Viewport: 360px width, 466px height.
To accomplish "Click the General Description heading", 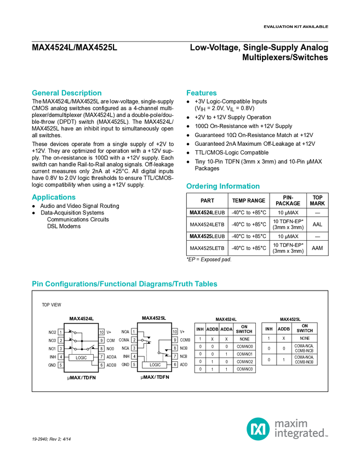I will click(x=67, y=93).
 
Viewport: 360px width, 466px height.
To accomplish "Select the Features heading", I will click(x=202, y=93).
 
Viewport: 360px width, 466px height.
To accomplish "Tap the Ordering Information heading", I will click(x=222, y=186).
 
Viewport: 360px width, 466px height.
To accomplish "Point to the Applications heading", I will click(x=54, y=197).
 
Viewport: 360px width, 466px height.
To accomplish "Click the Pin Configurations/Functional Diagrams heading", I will click(x=125, y=284).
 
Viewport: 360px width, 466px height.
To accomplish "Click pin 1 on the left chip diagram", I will click(x=61, y=332).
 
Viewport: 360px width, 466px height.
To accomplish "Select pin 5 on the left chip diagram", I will click(x=61, y=365).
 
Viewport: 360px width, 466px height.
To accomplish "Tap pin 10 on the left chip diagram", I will click(x=101, y=332).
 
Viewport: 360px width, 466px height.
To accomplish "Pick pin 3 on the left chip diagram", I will click(x=61, y=348).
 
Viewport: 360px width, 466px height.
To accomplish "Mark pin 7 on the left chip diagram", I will click(x=101, y=357).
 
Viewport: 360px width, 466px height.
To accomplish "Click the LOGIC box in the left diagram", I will click(x=81, y=357).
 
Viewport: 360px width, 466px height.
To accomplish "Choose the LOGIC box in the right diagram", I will click(x=155, y=365).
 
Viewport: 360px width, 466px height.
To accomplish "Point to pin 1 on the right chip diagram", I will click(x=134, y=332).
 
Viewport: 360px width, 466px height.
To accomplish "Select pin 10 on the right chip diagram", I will click(x=175, y=332).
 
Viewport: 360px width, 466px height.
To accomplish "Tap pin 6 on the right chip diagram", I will click(x=175, y=365).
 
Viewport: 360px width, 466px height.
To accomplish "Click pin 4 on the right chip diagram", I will click(x=134, y=356).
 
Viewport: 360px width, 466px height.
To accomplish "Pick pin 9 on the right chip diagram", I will click(x=175, y=340).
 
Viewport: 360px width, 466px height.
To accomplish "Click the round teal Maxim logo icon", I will click(x=258, y=428).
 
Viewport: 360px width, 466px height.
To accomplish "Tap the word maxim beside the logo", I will click(x=292, y=423).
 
